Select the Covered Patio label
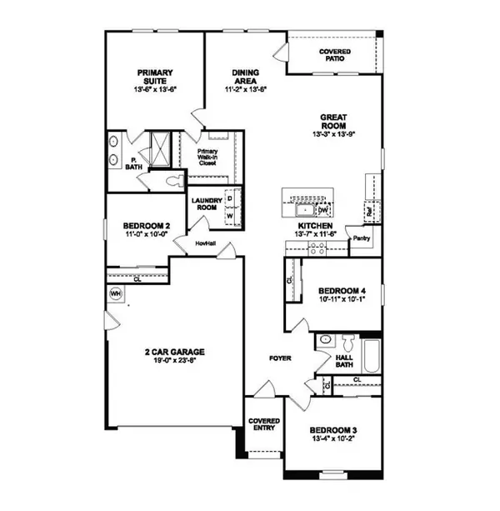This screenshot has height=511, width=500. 335,56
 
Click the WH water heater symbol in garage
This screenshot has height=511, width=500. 115,293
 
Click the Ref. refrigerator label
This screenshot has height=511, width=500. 367,213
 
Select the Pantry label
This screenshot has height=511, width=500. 361,238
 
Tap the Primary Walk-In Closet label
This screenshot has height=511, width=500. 207,158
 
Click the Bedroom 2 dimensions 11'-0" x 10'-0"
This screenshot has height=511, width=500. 147,235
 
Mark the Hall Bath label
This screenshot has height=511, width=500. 344,361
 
